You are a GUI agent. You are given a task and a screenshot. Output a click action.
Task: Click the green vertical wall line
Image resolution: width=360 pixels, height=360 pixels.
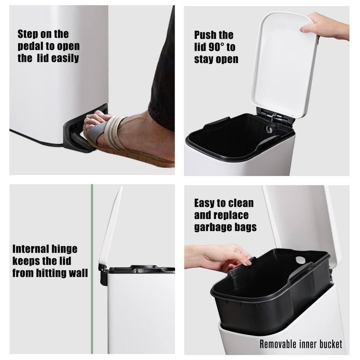[92, 269]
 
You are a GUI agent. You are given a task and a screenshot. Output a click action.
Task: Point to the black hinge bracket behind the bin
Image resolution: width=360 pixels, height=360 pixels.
[103, 274]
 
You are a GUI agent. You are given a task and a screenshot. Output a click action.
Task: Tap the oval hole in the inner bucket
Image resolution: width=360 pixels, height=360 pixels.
[300, 260]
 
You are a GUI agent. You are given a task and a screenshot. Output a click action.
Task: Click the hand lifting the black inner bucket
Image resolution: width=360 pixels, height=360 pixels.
[220, 257]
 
